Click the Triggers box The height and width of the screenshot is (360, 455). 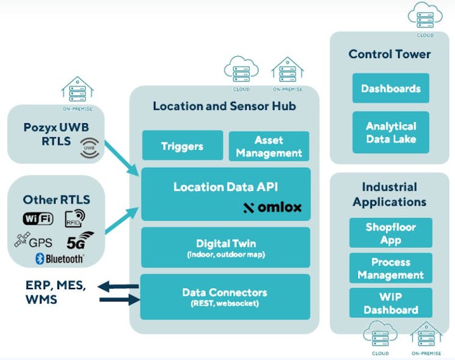(182, 146)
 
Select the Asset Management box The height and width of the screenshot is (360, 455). (269, 146)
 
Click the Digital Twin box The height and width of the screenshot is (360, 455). (225, 247)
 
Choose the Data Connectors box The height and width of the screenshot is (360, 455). (225, 297)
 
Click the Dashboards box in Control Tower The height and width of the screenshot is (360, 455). (390, 88)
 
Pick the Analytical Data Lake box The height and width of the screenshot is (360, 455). (390, 132)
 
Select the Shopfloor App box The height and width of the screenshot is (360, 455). (390, 232)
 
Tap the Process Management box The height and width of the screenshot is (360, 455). (390, 268)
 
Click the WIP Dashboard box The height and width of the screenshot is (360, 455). (390, 303)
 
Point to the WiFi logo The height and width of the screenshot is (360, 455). (38, 218)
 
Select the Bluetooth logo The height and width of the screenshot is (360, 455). (59, 259)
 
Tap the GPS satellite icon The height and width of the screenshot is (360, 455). (22, 240)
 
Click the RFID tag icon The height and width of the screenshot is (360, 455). (74, 218)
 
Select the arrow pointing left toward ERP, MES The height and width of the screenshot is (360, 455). (118, 286)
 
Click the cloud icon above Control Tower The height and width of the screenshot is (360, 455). (425, 15)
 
